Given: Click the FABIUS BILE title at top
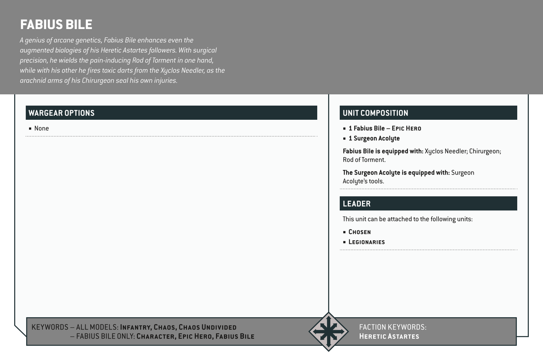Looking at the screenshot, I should (x=56, y=25).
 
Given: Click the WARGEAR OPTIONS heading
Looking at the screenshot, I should (x=61, y=113).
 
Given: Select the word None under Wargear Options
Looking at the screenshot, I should (x=41, y=128).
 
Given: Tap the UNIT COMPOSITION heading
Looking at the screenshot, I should (x=375, y=113).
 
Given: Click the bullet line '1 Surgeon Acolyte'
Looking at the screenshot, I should (x=374, y=138).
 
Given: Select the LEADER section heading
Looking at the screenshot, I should (x=356, y=204).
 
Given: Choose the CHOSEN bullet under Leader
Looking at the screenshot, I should (x=359, y=232).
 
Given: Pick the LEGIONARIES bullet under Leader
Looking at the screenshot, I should (x=367, y=242).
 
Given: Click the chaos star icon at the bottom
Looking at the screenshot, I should (x=328, y=331).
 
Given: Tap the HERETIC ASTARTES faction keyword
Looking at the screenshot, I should (x=389, y=336).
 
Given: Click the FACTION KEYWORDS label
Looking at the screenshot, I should (x=393, y=327).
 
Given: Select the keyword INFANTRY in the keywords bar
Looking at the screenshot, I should (x=135, y=327).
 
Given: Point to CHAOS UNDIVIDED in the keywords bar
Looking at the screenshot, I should (x=208, y=327).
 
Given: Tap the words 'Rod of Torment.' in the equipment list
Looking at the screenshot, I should (x=364, y=160).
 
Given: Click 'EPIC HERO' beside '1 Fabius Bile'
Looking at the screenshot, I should (x=406, y=128).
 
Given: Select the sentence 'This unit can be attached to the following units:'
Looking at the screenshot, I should (x=407, y=219).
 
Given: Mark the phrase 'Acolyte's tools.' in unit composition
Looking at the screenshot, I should (x=363, y=181).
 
